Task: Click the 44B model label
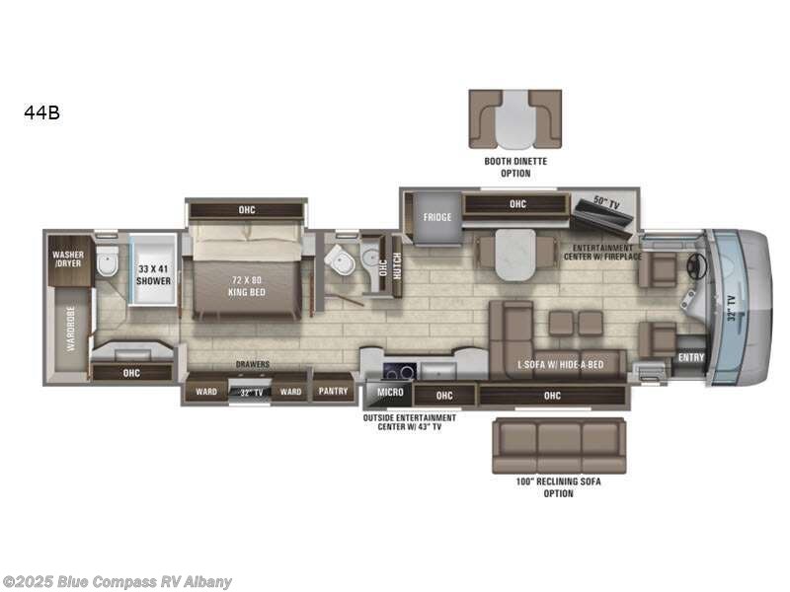tap(42, 113)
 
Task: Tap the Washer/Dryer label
tap(69, 259)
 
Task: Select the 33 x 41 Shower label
tap(154, 275)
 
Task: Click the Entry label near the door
tap(691, 358)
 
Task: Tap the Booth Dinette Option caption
tap(514, 167)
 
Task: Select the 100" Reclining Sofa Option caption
tap(558, 486)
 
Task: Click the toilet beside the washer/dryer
tap(107, 261)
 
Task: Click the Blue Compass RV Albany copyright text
tap(118, 581)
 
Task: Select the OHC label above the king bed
tap(246, 209)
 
